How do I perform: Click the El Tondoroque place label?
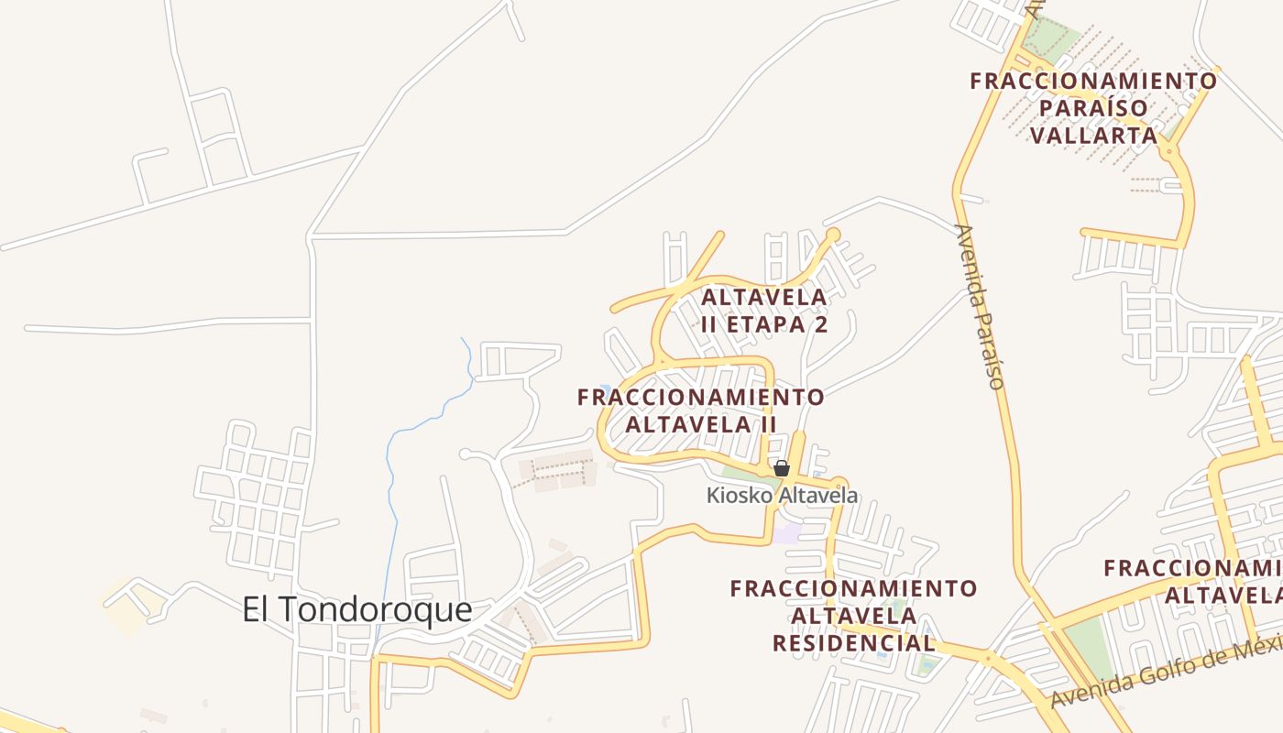[x=356, y=609]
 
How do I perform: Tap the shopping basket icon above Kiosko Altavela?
[x=782, y=468]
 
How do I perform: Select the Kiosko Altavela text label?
[x=782, y=496]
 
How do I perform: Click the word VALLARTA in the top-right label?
[x=1094, y=136]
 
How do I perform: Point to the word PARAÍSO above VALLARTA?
[x=1094, y=108]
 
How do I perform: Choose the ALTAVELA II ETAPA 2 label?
[x=764, y=311]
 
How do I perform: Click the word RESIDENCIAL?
[x=853, y=643]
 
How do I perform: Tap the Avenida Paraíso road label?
[x=980, y=306]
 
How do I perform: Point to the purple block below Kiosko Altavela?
[x=786, y=532]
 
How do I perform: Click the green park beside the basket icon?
[x=747, y=474]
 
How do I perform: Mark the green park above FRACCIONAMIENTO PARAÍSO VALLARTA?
[x=1052, y=37]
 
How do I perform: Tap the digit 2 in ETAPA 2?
[x=820, y=324]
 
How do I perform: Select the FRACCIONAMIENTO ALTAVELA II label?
[x=701, y=410]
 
